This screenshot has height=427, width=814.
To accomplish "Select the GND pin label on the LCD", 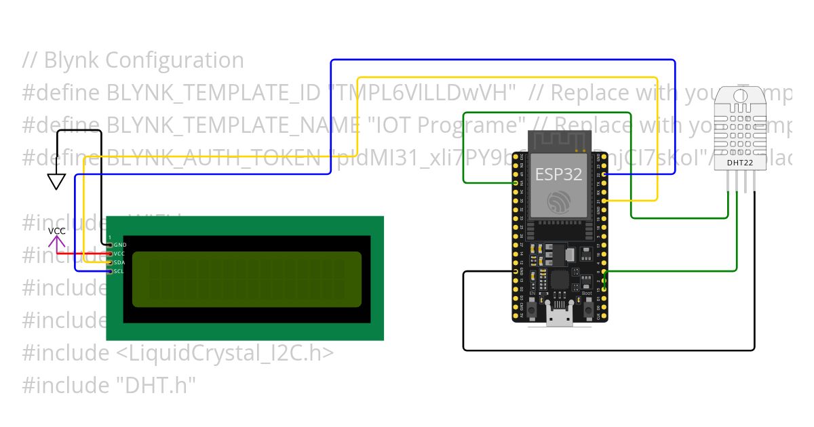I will [x=120, y=244].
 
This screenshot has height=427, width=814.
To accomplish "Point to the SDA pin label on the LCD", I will [x=119, y=262].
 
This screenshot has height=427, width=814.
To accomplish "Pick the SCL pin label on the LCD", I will [x=119, y=271].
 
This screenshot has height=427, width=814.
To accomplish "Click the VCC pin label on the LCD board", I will [x=119, y=253].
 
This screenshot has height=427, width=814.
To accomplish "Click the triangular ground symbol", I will [x=56, y=181].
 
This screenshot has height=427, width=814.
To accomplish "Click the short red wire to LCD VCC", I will [x=81, y=253].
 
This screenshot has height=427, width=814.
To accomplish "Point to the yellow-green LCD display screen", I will [x=246, y=277].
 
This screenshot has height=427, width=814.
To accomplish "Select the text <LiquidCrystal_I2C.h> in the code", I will [x=221, y=353].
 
